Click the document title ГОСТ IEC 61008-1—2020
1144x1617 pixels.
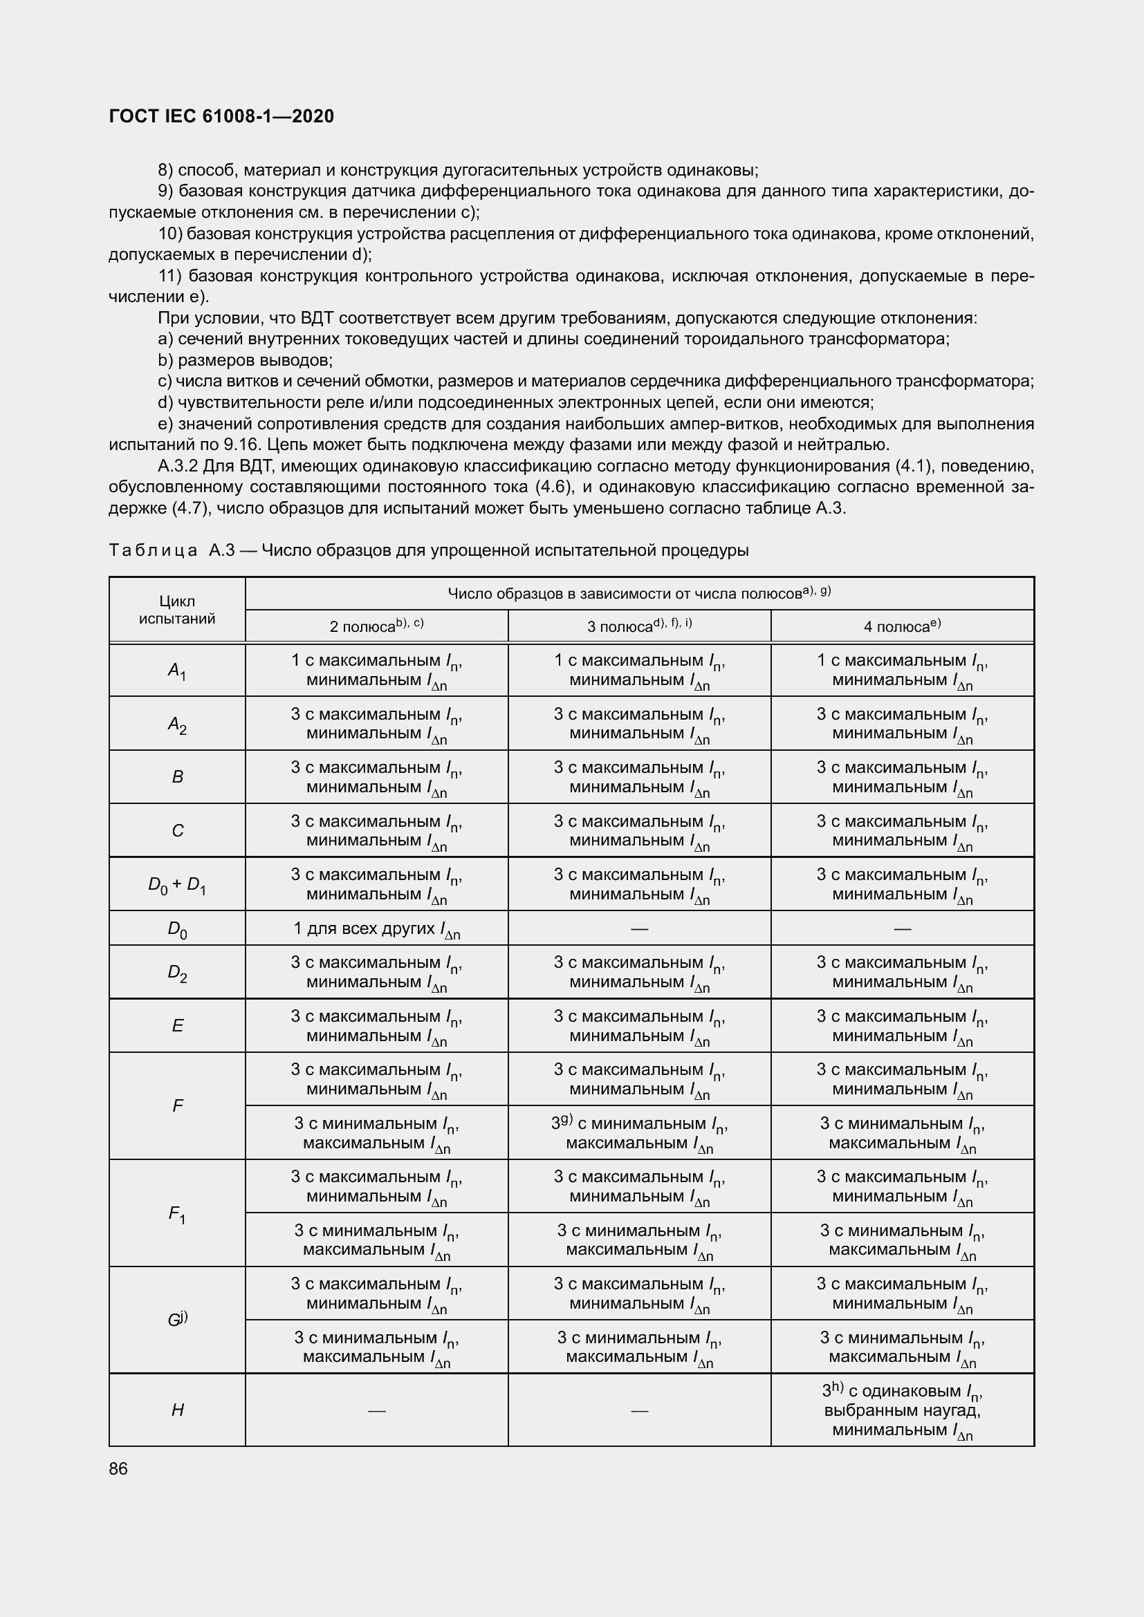click(x=221, y=116)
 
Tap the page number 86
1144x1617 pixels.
click(x=118, y=1468)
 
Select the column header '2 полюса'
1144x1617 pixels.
click(x=376, y=626)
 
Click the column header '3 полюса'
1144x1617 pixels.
click(x=639, y=626)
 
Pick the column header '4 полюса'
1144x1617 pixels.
click(x=902, y=626)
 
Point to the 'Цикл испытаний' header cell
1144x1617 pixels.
click(x=177, y=610)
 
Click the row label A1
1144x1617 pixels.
click(x=177, y=671)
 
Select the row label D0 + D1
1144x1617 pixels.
click(x=177, y=886)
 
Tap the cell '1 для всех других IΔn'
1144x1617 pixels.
click(x=376, y=930)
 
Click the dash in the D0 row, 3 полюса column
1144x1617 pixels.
click(x=639, y=929)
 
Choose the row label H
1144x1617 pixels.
click(x=177, y=1410)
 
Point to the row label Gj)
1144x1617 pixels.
click(x=177, y=1320)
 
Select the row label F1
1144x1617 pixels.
click(x=177, y=1214)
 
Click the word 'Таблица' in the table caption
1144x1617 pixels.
click(x=153, y=550)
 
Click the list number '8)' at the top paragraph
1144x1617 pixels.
click(x=165, y=171)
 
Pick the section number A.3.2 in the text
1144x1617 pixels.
click(x=179, y=466)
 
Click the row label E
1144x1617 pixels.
click(x=177, y=1026)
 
